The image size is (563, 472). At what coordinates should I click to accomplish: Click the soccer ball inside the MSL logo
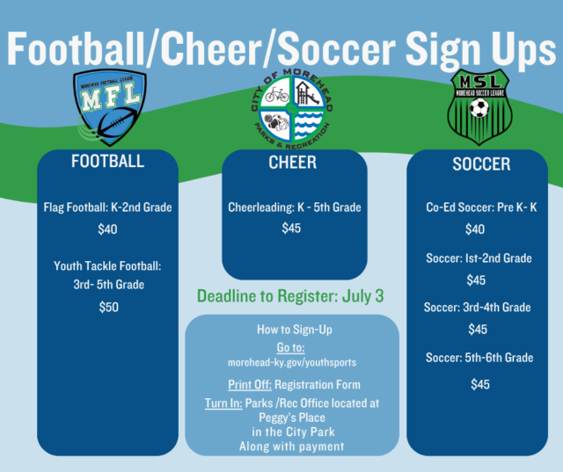click(x=479, y=108)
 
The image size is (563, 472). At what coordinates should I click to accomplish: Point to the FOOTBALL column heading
click(x=107, y=162)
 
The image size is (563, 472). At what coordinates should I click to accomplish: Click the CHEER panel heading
click(x=292, y=162)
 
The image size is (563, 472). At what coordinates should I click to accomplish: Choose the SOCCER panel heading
click(x=480, y=164)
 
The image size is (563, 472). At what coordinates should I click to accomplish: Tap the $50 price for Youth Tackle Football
click(x=107, y=307)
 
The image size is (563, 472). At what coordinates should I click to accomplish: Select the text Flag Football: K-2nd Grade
click(x=107, y=208)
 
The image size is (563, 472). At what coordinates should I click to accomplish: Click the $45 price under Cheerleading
click(x=291, y=229)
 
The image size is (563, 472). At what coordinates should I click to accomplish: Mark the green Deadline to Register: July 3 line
click(x=291, y=294)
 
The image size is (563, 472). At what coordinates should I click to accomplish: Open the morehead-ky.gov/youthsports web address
click(x=291, y=362)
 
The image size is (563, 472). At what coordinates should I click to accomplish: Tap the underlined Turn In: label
click(x=223, y=403)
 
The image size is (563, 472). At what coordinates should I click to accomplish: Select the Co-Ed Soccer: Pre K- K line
click(x=480, y=208)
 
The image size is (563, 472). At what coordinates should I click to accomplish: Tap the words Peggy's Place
click(x=291, y=417)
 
